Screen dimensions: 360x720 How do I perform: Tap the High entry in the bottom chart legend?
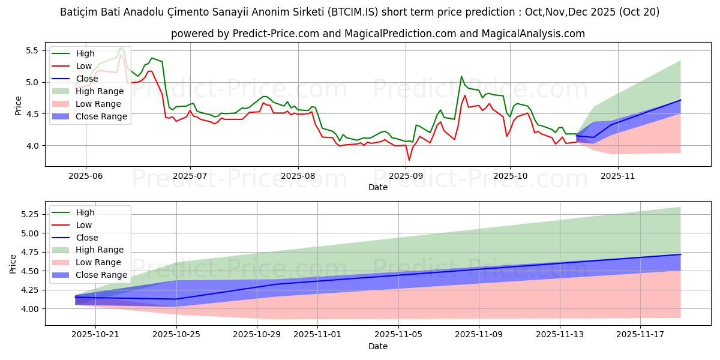[x=85, y=212]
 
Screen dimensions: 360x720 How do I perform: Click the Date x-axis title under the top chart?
[x=378, y=188]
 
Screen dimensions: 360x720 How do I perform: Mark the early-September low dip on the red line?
[x=409, y=160]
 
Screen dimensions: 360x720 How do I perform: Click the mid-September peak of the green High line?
[x=461, y=76]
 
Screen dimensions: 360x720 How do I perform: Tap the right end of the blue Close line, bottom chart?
[x=680, y=254]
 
